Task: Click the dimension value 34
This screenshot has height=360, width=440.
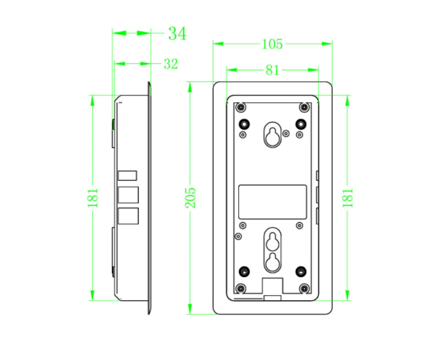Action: click(x=177, y=34)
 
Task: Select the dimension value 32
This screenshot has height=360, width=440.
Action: click(x=171, y=64)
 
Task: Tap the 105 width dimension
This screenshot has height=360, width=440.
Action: click(x=272, y=44)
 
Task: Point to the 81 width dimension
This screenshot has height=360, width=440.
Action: click(x=272, y=70)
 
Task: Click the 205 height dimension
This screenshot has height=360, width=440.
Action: click(x=190, y=198)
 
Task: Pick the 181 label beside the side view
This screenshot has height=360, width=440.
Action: click(x=93, y=198)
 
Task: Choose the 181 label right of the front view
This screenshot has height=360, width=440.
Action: click(x=348, y=198)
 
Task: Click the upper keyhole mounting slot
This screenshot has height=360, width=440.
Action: click(x=272, y=135)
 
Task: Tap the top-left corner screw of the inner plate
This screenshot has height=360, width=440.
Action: click(x=241, y=107)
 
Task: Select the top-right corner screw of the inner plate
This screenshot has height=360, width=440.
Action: click(x=304, y=107)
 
